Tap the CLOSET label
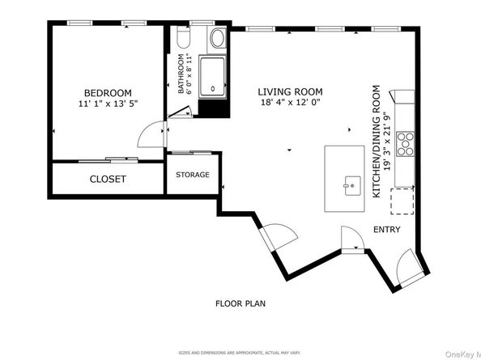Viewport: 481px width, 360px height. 107,179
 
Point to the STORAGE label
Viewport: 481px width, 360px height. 193,175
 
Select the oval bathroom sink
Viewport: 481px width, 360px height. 218,38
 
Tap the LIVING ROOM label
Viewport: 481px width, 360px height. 290,92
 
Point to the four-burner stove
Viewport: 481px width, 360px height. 406,143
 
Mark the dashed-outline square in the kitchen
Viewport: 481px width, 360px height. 402,200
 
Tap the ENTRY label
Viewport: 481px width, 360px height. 386,230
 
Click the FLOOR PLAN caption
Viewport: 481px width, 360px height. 240,304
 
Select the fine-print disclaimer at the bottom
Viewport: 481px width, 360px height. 240,353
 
